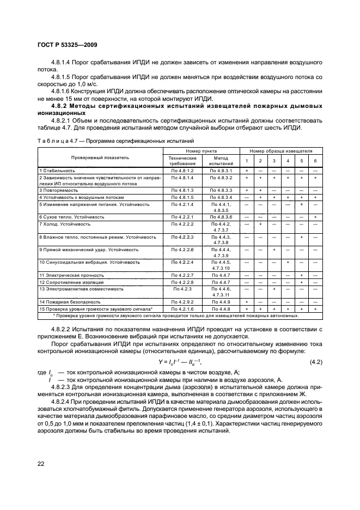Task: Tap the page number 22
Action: [x=42, y=463]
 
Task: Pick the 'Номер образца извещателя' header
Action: [x=281, y=150]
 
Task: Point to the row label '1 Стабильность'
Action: [x=53, y=171]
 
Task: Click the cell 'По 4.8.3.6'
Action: [x=221, y=216]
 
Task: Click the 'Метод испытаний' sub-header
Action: [x=221, y=160]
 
